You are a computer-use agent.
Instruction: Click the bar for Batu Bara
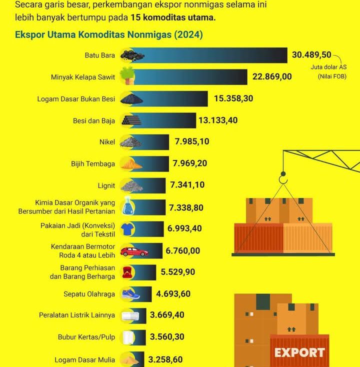coord(210,55)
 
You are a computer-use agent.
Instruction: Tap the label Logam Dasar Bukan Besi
coord(76,98)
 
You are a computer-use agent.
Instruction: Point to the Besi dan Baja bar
coord(165,120)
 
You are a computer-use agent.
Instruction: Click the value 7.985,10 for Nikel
coord(192,141)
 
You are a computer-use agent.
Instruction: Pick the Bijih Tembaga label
coord(93,163)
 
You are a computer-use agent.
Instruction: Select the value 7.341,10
coord(187,185)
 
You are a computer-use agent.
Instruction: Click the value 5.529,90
coord(178,272)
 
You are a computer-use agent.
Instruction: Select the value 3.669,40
coord(167,315)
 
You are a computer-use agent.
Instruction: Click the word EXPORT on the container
coord(299,352)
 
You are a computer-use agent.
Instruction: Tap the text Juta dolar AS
coord(328,66)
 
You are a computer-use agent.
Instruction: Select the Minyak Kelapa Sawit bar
coord(190,76)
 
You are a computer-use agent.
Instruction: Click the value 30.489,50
coord(311,54)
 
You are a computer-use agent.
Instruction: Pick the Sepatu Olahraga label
coord(89,294)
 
